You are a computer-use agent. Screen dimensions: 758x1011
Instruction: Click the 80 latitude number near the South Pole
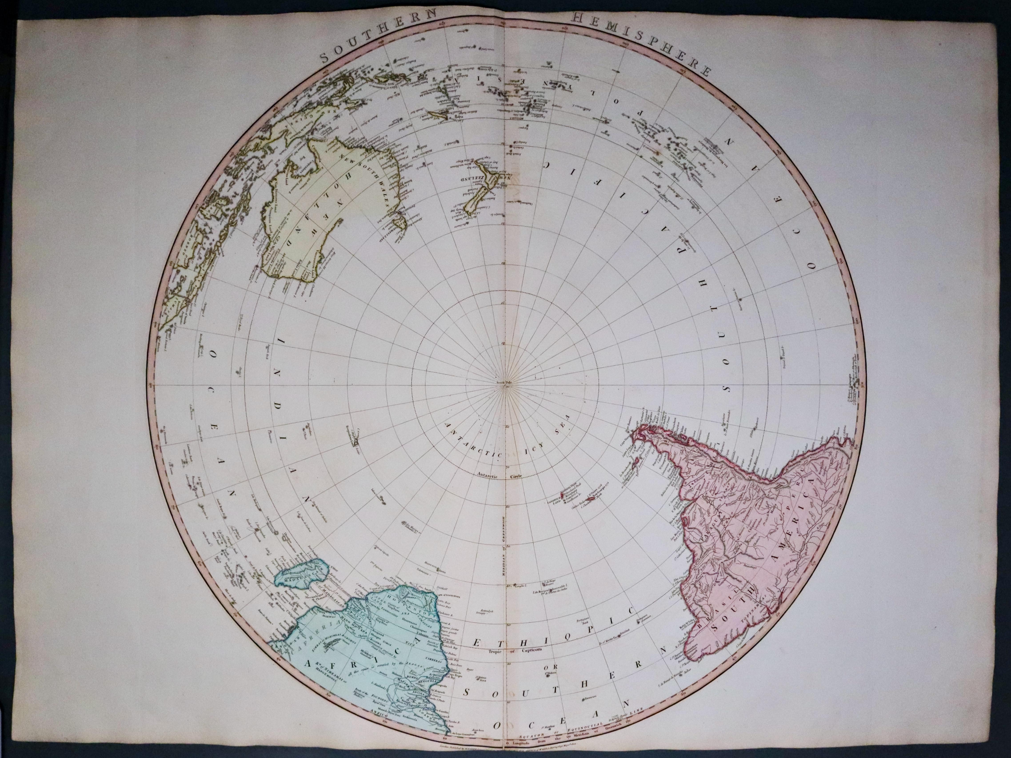click(x=503, y=342)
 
